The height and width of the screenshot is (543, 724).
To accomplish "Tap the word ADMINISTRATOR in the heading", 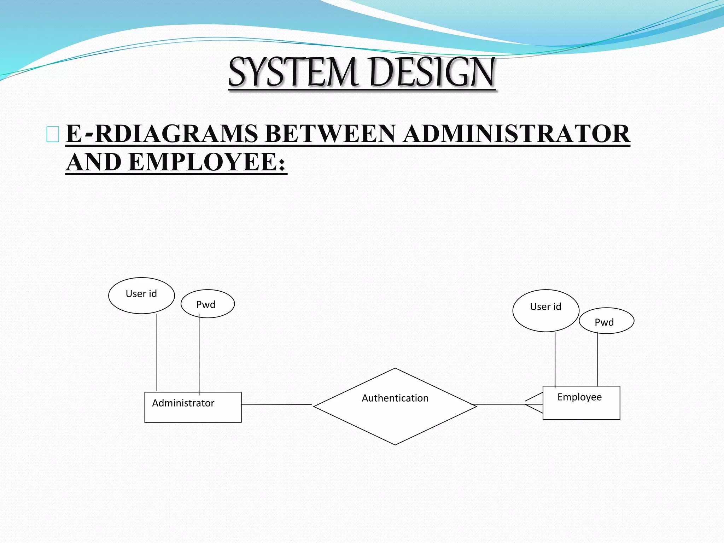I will point(516,134).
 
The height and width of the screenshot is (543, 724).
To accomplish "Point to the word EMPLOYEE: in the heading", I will point(206,162).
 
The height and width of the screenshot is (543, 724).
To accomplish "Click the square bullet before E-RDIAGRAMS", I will point(53,134).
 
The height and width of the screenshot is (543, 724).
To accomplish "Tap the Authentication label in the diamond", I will point(395,398).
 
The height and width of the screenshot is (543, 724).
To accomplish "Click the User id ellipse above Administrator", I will point(141,295).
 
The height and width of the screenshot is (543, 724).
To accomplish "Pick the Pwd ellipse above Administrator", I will point(208,304).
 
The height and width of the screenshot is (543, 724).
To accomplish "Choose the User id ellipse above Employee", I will point(545,310).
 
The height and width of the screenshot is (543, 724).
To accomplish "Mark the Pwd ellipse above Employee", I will point(606,321).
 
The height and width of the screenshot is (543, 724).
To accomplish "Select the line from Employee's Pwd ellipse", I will point(597,359).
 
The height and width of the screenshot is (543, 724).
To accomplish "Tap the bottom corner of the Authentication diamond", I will point(395,444).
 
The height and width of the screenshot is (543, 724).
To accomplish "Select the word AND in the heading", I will point(94,162).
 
